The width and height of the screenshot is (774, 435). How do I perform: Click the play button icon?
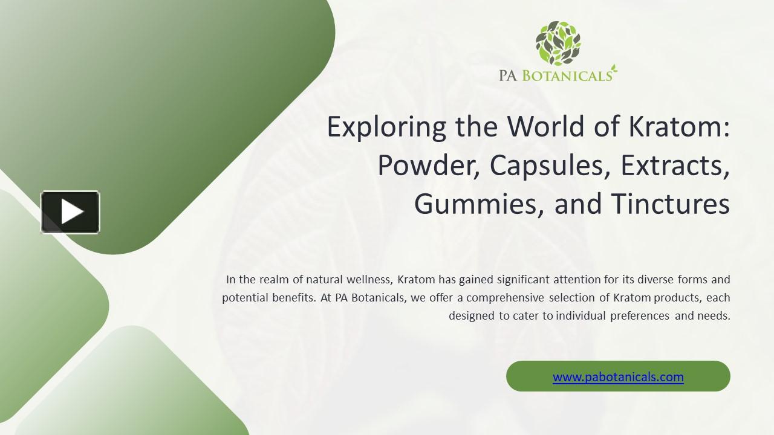pos(70,212)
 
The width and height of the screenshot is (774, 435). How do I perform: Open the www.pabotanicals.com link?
pos(618,377)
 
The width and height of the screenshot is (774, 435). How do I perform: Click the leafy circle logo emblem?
pos(558,43)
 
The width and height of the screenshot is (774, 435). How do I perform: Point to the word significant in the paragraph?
pos(524,280)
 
